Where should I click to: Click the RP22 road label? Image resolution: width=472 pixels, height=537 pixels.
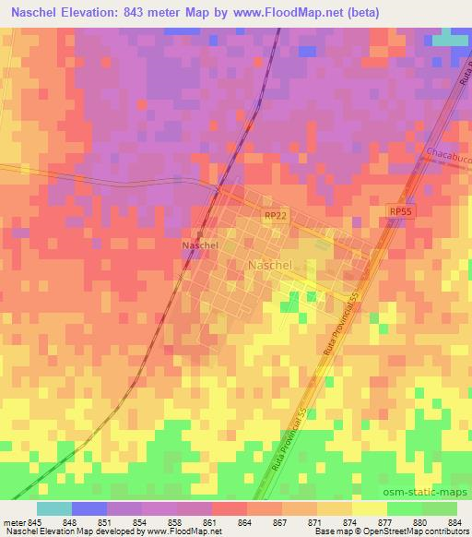(272, 215)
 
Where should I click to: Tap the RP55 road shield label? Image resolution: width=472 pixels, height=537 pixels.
(399, 211)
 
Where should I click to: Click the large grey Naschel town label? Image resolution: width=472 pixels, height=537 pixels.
(271, 265)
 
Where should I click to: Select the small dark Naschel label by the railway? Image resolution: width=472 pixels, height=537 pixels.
(199, 245)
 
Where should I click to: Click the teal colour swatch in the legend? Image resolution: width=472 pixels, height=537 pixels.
(54, 508)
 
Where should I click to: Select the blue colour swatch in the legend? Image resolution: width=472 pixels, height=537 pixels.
(89, 508)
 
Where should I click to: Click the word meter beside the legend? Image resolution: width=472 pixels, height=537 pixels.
(14, 520)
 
